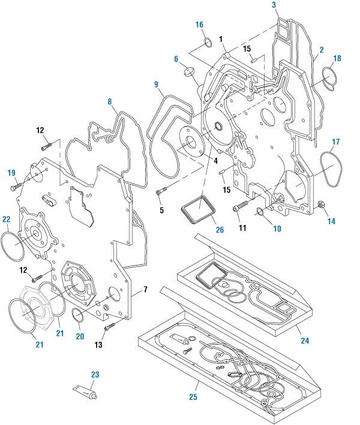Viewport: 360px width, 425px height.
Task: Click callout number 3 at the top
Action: [x=274, y=5]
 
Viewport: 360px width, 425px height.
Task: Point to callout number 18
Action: [x=337, y=58]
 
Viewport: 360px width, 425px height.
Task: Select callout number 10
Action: [x=277, y=228]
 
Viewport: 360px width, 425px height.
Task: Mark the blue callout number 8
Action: [x=110, y=103]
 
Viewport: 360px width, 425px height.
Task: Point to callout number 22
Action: [x=6, y=219]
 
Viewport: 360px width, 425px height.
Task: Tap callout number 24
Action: [x=305, y=340]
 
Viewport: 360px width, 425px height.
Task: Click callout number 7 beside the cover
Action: [x=145, y=291]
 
